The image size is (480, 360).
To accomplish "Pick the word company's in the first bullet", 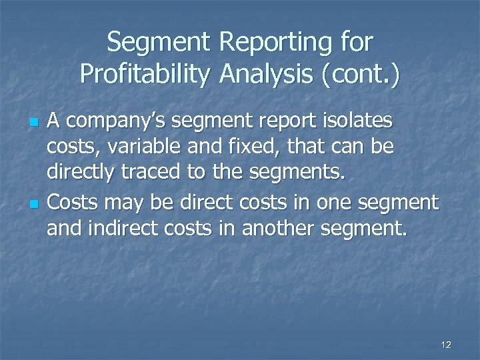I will tap(121, 122).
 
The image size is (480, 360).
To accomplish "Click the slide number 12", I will tap(446, 345).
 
